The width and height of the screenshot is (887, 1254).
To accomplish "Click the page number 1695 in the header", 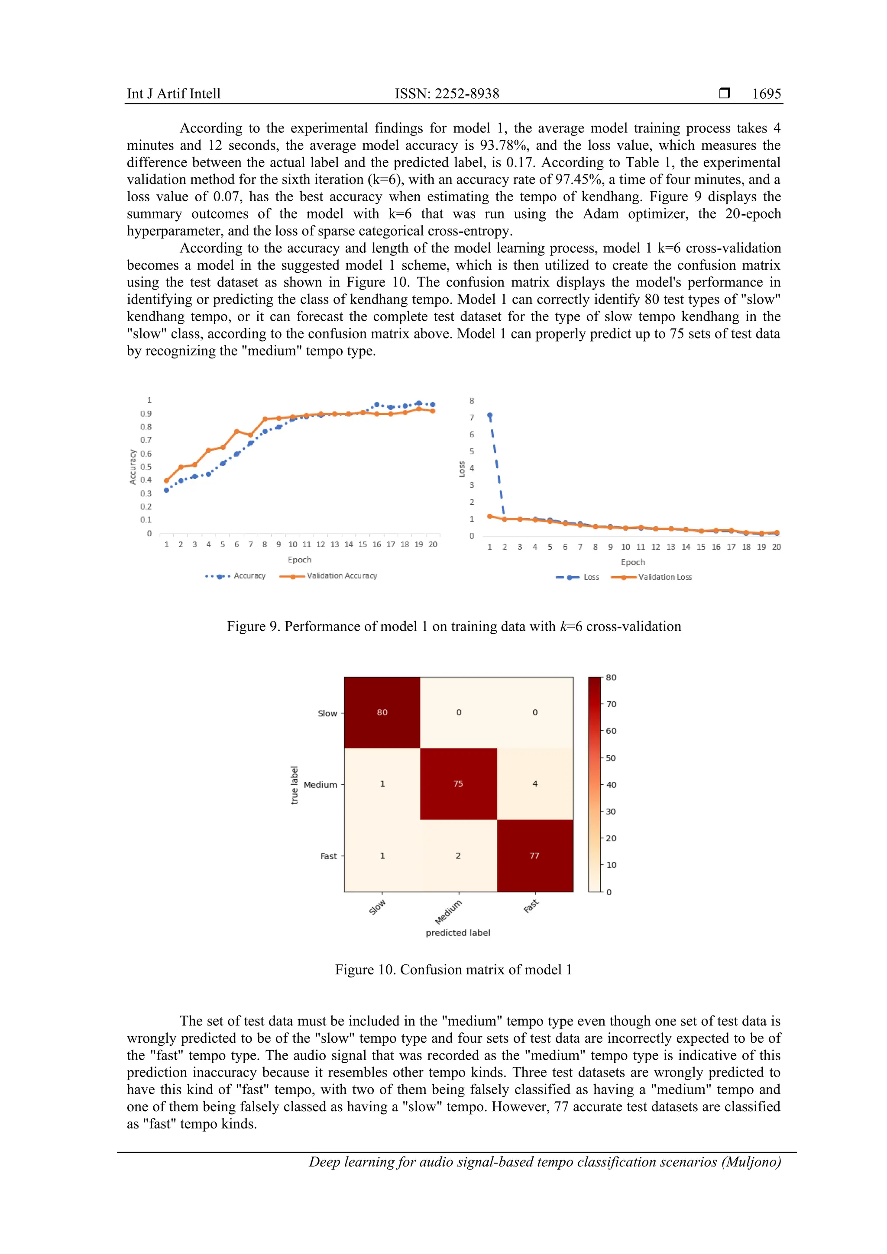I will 766,93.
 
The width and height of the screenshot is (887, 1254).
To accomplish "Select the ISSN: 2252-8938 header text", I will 447,93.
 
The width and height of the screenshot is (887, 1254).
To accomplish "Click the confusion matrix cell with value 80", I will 382,712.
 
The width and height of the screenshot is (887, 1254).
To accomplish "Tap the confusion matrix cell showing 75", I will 458,784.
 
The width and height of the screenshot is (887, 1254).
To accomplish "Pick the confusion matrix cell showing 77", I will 534,856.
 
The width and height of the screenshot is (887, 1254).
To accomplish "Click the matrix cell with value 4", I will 535,784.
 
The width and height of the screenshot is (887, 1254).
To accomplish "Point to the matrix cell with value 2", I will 458,856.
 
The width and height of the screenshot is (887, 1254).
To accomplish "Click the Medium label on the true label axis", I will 320,785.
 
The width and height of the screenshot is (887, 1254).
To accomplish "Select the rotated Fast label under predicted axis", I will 531,906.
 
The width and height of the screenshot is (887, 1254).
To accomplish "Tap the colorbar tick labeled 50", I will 610,758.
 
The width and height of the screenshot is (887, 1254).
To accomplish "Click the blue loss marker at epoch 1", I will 490,416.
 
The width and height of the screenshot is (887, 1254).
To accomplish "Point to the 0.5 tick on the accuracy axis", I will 146,467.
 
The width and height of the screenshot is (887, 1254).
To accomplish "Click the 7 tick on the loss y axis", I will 472,417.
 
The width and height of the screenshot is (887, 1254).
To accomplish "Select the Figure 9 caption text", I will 453,626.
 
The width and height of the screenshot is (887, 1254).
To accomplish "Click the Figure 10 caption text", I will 453,970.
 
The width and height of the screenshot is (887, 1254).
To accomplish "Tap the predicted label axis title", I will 458,933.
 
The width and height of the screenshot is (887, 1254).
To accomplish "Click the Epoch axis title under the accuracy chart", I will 299,559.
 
